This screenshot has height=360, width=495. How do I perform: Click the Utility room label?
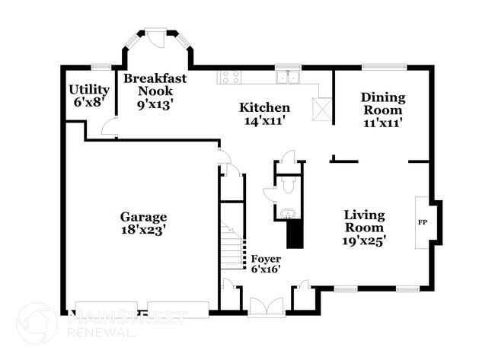89,89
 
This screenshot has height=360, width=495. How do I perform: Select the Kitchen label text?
264,107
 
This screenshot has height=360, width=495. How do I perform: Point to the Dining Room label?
382,97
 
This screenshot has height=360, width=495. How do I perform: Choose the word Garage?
143,217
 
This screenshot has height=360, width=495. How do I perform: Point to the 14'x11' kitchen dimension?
264,120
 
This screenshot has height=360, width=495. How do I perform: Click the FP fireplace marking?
422,222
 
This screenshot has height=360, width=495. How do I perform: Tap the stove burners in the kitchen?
230,76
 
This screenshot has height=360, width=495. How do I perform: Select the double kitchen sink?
287,76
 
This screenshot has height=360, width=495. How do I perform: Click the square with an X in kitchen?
323,110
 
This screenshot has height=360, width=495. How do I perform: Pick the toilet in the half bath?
287,185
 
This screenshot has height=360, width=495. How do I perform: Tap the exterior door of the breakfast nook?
155,37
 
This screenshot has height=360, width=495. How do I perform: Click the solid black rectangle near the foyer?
295,234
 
